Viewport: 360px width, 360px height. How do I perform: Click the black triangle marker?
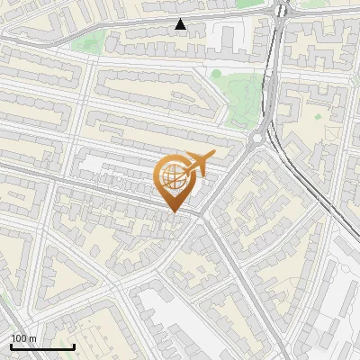coord(181,24)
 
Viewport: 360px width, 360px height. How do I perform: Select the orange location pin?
coord(174,184)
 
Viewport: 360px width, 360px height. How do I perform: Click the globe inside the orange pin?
coord(172,176)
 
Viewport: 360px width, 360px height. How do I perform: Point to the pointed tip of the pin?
coord(174,213)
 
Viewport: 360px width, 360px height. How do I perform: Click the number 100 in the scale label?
coord(19,338)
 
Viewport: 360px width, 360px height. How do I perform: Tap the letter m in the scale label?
coord(33,338)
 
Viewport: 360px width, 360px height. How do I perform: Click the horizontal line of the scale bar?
coord(42,347)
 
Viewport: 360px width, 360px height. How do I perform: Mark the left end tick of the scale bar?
coord(12,346)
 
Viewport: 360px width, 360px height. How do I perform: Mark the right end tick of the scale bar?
coord(74,346)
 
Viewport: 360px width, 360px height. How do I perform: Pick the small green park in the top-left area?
coord(108,40)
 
